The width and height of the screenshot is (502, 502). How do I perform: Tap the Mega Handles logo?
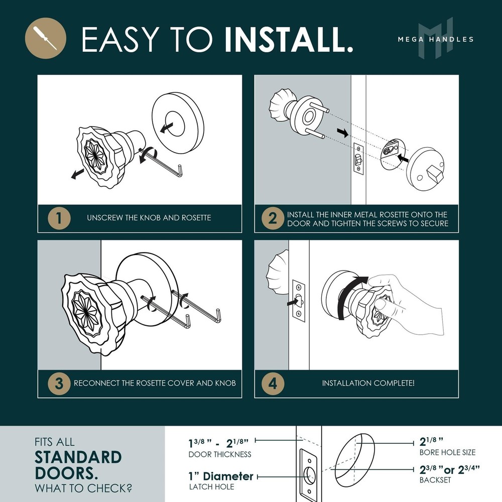coord(436,39)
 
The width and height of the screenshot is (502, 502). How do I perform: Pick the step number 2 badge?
coord(273,219)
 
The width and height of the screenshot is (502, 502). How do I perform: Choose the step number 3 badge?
coord(59,383)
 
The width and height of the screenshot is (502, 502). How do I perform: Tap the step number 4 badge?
coord(273,383)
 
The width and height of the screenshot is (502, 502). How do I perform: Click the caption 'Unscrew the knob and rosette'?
coord(149,218)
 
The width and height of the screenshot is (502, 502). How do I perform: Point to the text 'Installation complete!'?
coord(368,383)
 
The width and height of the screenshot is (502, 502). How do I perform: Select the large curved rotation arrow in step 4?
coord(350,295)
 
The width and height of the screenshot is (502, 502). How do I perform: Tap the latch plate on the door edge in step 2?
coord(358,159)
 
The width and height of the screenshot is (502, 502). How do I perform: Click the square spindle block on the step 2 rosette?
coord(434,173)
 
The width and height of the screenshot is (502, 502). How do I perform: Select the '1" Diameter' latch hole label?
coord(221,476)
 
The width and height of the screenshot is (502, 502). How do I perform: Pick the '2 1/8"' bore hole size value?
coord(431,442)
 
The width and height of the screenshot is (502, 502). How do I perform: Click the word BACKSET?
coord(435,480)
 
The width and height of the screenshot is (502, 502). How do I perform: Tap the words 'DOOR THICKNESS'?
coord(220,454)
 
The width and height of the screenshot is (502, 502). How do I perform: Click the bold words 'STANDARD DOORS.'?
coord(78,465)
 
